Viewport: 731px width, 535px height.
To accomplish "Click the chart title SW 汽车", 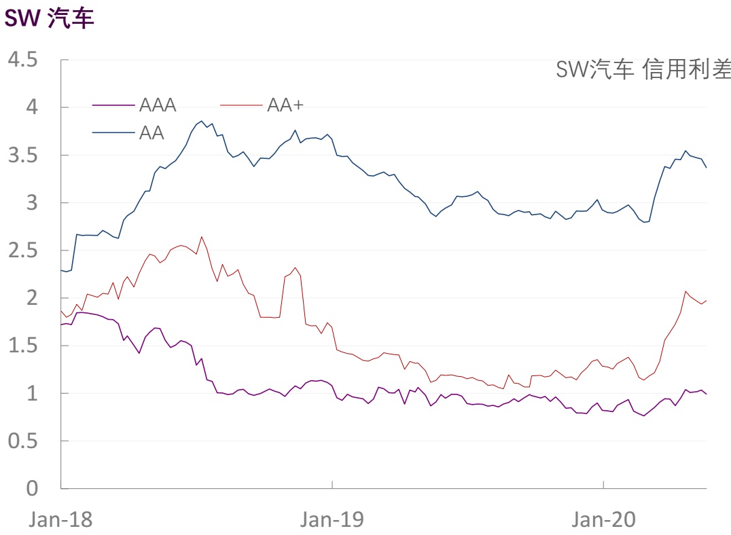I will pyautogui.click(x=49, y=18).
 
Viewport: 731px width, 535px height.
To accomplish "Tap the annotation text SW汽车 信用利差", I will pyautogui.click(x=643, y=69).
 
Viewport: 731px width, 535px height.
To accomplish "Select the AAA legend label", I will pyautogui.click(x=158, y=105).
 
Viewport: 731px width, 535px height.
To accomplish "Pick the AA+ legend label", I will pyautogui.click(x=285, y=105).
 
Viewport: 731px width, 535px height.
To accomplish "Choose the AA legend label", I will pyautogui.click(x=151, y=132).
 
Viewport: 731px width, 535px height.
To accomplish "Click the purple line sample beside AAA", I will pyautogui.click(x=113, y=105).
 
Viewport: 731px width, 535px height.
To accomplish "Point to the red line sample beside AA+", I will pyautogui.click(x=241, y=105).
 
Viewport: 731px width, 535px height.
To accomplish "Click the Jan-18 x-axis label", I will pyautogui.click(x=60, y=519).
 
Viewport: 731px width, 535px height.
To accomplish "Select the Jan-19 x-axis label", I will pyautogui.click(x=332, y=519).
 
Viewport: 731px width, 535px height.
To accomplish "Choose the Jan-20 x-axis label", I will pyautogui.click(x=603, y=519).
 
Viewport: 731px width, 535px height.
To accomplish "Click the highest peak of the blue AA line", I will pyautogui.click(x=202, y=122).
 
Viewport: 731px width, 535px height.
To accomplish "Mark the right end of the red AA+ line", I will pyautogui.click(x=707, y=300).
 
